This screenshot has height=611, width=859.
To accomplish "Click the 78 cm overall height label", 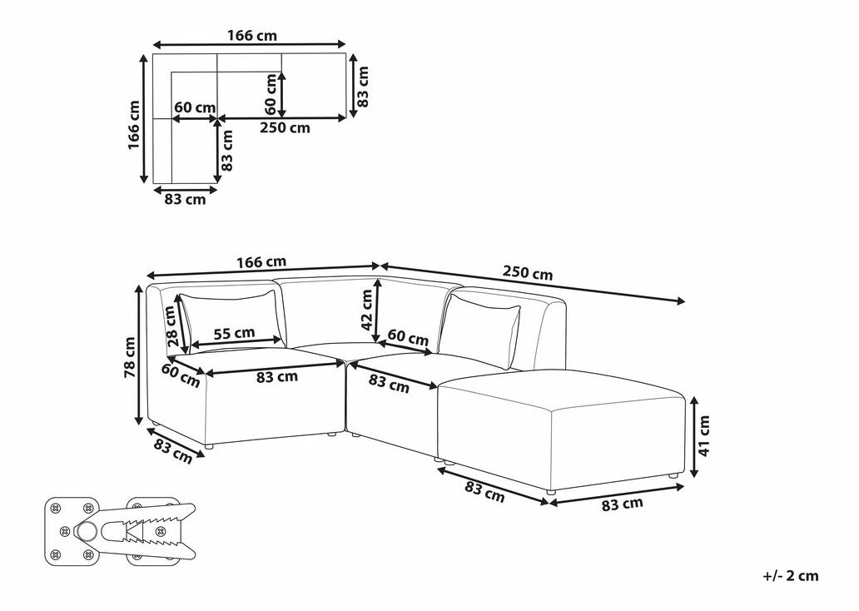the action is [x=130, y=357].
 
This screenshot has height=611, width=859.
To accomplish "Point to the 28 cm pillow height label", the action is [x=171, y=326].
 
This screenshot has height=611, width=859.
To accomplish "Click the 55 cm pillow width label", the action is [x=234, y=333].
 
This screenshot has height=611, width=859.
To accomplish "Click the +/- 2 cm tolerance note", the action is [x=791, y=576].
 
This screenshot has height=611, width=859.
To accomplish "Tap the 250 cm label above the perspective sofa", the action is [x=528, y=273].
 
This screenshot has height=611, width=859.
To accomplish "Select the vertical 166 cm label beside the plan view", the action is [x=134, y=125].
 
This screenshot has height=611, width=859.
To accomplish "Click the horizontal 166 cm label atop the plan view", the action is [x=252, y=36].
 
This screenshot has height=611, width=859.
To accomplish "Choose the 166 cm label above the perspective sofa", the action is [x=261, y=262].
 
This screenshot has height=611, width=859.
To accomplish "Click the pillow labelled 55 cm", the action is [x=233, y=320].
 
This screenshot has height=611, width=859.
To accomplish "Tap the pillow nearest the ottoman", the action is [x=480, y=330].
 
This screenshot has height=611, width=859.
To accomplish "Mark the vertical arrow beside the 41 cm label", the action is [x=693, y=436].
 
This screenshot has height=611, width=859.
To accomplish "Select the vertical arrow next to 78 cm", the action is [x=140, y=356].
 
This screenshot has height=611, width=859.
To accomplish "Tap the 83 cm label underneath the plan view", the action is [x=185, y=200].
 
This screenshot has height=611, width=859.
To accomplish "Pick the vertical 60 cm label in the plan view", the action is [x=271, y=94].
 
